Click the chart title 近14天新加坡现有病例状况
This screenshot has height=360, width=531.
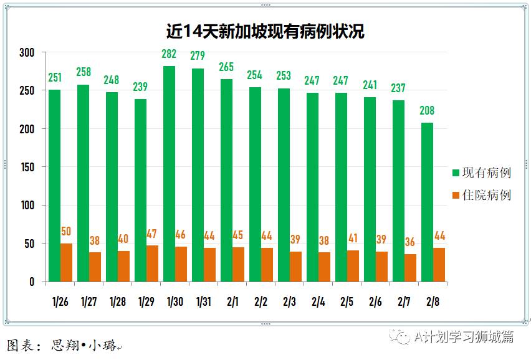(x=265, y=31)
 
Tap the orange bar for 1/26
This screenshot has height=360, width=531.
(x=66, y=262)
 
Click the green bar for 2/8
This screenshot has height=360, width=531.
(x=427, y=202)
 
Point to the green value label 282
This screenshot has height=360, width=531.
(x=169, y=54)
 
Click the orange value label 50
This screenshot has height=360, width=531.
(x=66, y=232)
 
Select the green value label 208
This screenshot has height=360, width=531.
(x=427, y=111)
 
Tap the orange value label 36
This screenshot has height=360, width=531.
(x=410, y=242)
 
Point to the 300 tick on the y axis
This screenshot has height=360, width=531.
(x=26, y=52)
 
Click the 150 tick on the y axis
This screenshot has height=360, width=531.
(x=26, y=167)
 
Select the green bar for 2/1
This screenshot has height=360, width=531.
(x=226, y=181)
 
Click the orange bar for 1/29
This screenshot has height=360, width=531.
(x=152, y=263)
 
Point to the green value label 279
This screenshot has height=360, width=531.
(x=198, y=56)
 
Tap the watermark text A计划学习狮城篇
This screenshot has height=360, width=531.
(x=464, y=337)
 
